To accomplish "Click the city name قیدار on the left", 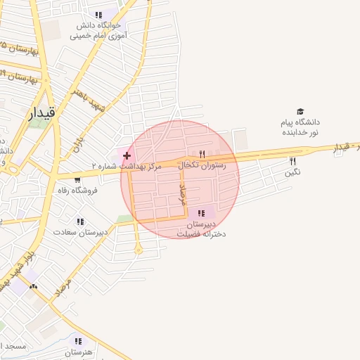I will [40, 113].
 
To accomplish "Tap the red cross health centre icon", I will [127, 155].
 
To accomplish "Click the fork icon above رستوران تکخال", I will [202, 154].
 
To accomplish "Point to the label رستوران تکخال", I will [203, 165].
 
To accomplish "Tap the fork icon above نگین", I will [292, 161].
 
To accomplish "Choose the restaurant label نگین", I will [293, 172].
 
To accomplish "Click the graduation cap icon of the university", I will [300, 112].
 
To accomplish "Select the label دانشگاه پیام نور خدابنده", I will [300, 127].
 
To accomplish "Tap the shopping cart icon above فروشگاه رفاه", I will [86, 179].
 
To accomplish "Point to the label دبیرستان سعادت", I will [81, 231].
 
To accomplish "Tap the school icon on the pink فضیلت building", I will [202, 213].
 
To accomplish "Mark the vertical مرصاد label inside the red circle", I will [184, 192].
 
